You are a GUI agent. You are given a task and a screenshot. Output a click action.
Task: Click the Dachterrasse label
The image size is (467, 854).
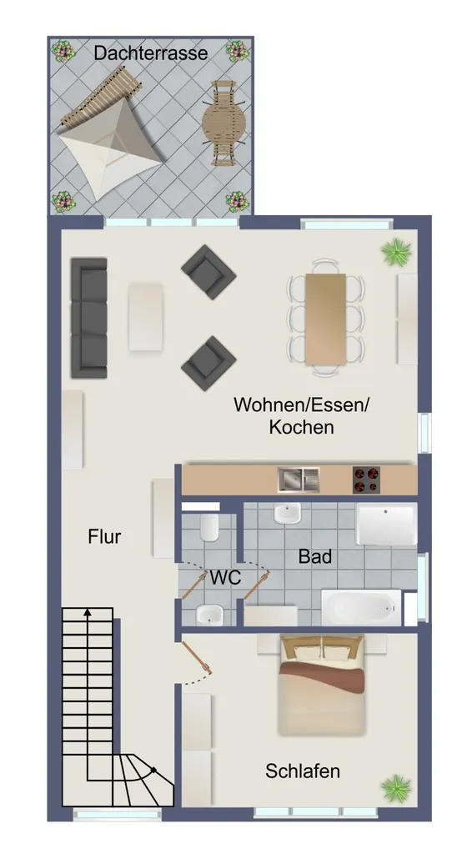tap(151, 53)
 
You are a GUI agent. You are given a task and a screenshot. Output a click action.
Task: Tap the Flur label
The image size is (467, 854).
tap(104, 537)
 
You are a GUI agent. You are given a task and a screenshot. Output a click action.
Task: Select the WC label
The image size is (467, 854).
tap(225, 577)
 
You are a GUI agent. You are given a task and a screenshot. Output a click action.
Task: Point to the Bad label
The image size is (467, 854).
tap(315, 556)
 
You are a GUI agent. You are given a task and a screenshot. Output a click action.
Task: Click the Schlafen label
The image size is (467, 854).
tap(303, 771)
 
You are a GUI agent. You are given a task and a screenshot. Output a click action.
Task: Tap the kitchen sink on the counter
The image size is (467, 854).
tap(299, 480)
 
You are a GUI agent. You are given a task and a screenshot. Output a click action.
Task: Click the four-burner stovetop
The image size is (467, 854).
tap(366, 480)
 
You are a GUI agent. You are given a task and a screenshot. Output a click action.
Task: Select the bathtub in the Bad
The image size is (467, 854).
tap(361, 607)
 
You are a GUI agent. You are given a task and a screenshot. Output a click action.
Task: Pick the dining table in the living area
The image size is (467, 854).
tap(326, 319)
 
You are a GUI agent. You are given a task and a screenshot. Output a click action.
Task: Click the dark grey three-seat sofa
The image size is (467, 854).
tap(88, 318)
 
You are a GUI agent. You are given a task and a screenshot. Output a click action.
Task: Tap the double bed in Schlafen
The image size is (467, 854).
tap(321, 686)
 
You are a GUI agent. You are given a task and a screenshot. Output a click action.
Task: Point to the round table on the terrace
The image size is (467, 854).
tap(223, 123)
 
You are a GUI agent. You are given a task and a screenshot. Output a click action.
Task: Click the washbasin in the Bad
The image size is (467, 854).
tap(287, 513)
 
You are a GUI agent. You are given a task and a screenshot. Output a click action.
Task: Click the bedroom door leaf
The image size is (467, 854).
tap(197, 657)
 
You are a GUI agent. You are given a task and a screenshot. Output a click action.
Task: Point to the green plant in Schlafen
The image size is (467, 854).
tap(396, 789)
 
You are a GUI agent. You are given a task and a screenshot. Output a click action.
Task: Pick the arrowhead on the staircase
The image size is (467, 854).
tap(87, 613)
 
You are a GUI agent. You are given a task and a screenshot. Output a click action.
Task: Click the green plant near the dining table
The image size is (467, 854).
tap(396, 253)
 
